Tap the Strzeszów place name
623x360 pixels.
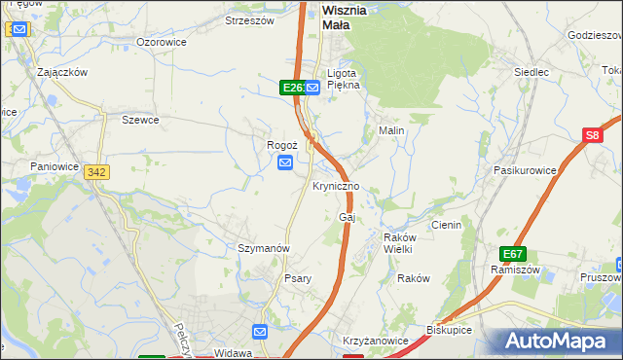(250, 19)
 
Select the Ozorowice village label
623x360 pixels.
(162, 43)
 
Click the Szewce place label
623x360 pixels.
(140, 120)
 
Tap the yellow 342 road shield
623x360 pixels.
(96, 171)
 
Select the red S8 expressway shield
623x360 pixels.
(593, 137)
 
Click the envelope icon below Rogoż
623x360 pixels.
(285, 162)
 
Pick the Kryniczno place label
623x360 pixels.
(337, 186)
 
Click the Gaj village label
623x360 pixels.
(345, 217)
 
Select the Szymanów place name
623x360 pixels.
(264, 248)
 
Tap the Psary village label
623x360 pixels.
(298, 278)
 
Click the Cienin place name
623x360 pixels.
(446, 225)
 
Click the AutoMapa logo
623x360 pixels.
(559, 342)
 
